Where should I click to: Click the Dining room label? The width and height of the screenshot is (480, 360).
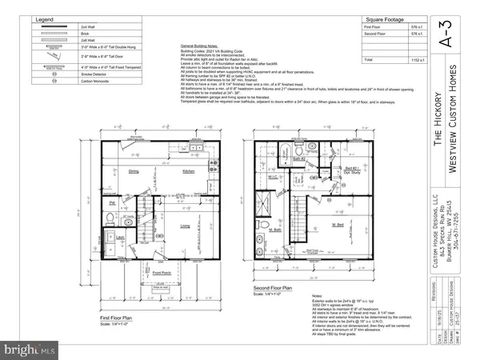click(134, 172)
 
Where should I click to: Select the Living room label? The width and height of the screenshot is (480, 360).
click(185, 226)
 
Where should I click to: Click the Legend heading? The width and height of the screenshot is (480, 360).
click(45, 18)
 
